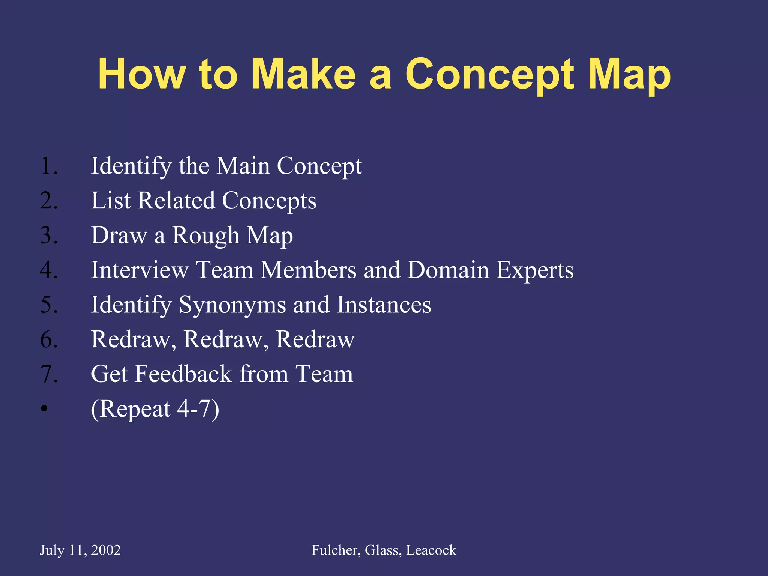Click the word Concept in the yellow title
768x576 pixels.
[490, 75]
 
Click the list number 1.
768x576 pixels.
[49, 166]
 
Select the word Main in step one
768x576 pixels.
[243, 166]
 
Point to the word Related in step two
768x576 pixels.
[176, 201]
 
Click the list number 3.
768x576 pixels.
[49, 235]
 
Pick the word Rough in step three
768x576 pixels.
[205, 235]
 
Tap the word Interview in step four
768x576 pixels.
[139, 270]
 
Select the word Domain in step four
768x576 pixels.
[448, 270]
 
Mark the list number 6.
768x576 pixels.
[49, 339]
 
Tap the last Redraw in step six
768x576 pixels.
[315, 339]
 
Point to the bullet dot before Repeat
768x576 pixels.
[45, 409]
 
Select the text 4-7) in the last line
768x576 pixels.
[198, 409]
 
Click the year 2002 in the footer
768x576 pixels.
[106, 550]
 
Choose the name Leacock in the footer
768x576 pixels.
[431, 550]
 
